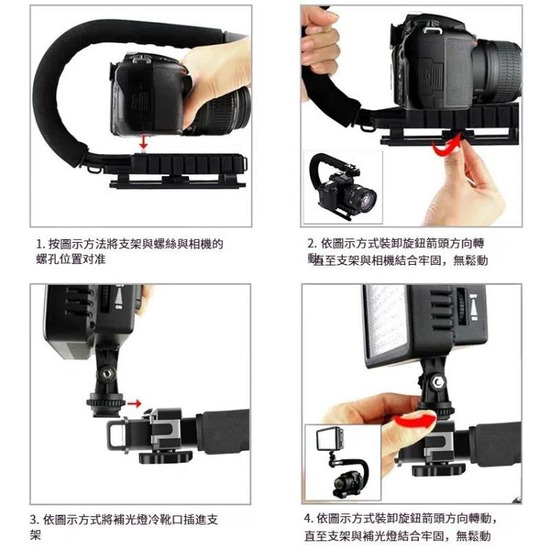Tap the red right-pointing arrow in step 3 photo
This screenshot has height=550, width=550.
click(x=133, y=403)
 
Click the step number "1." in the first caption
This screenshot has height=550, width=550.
click(x=40, y=243)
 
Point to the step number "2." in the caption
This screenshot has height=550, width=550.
click(x=312, y=243)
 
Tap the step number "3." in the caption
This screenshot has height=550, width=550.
click(x=34, y=519)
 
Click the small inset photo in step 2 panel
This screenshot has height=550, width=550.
click(x=342, y=186)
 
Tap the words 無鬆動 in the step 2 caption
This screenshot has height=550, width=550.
click(x=470, y=260)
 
